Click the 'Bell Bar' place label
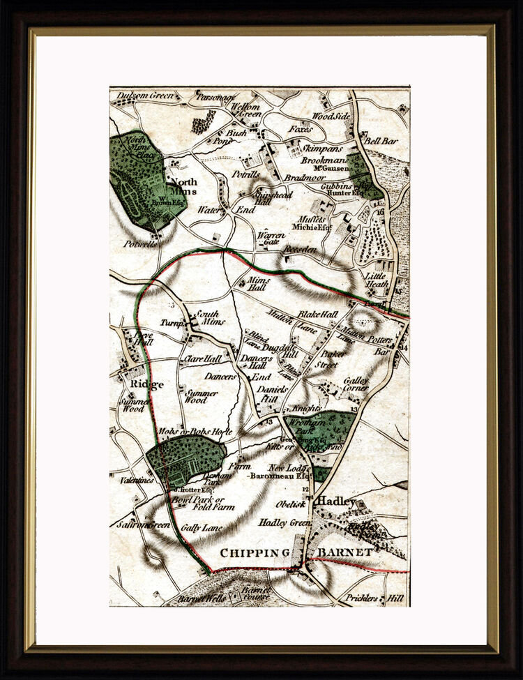381,141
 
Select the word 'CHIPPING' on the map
255,552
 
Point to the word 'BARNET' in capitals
344,552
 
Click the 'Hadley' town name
336,501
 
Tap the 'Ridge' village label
146,384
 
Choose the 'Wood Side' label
331,116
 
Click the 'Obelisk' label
290,504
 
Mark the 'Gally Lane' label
202,528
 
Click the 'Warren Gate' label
271,239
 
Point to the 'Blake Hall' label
317,315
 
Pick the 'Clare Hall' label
202,359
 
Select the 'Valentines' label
135,481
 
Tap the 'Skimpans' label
320,149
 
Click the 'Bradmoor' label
301,178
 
